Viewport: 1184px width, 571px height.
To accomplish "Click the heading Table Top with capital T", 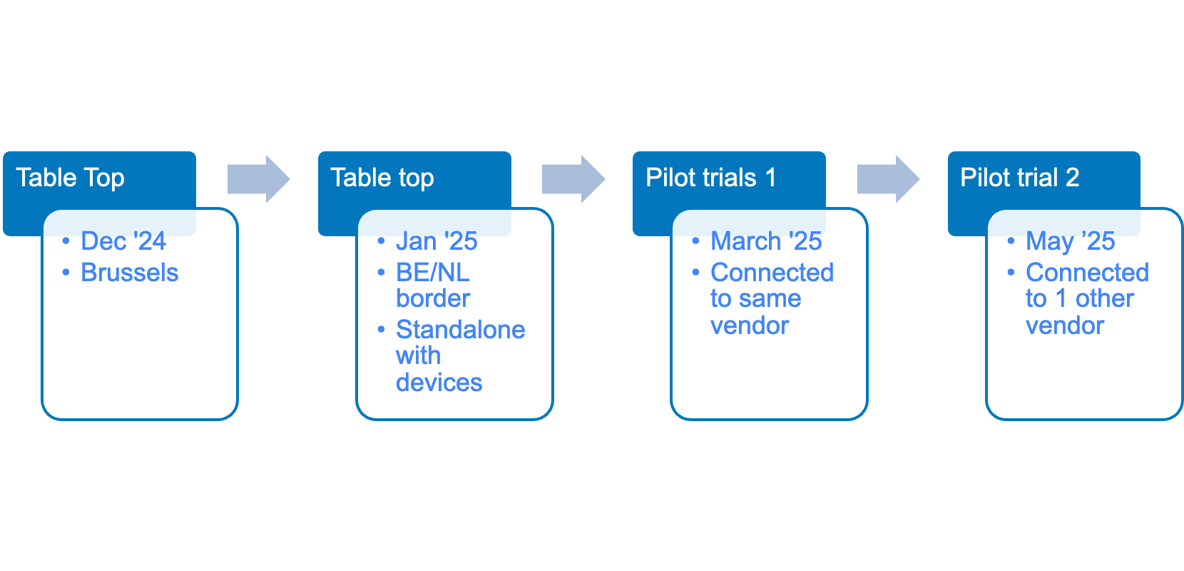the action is click(71, 178).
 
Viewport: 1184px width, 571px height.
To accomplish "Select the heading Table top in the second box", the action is click(382, 178).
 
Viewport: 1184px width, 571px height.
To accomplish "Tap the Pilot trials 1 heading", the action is click(711, 178).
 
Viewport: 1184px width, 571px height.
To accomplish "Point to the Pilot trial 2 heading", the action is click(1020, 178).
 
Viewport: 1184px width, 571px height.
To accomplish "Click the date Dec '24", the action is click(123, 241).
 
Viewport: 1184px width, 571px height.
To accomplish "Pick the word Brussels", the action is click(130, 273).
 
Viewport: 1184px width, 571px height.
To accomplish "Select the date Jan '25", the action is click(437, 241).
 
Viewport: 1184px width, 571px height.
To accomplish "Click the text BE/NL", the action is click(432, 273).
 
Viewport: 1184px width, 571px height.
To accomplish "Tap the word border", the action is click(433, 299).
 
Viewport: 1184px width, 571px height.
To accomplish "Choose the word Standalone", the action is click(460, 330).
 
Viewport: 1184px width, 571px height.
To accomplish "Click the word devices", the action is click(439, 383).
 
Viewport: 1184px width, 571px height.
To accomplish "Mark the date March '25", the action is click(766, 241).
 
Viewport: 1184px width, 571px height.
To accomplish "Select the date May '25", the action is click(1071, 241).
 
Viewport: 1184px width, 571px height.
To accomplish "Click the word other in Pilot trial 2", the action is click(1105, 299).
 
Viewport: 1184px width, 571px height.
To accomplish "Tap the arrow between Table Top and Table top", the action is click(258, 179).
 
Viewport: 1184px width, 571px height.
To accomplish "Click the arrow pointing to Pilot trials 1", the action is click(573, 179).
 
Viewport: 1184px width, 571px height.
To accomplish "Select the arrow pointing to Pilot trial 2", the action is click(889, 179).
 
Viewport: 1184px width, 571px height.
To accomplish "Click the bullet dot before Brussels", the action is click(66, 273).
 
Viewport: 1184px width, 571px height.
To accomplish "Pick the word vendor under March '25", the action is click(750, 325).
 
